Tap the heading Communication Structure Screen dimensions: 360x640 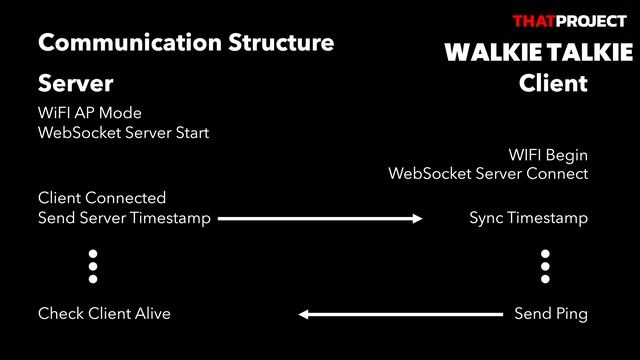pos(185,43)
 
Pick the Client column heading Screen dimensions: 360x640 pos(553,83)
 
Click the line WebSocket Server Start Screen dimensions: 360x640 pos(123,132)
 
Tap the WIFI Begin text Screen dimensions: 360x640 pos(548,155)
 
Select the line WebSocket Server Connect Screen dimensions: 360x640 pos(488,174)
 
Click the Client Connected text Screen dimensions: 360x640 pos(102,198)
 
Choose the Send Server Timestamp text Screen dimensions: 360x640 pos(124,218)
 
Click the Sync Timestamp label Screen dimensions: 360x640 pos(528,218)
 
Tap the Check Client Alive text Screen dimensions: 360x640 pos(104,314)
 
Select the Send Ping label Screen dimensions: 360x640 pos(551,314)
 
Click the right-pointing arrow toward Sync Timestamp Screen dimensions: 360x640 pos(321,218)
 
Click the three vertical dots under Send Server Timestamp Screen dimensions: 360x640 pos(93,267)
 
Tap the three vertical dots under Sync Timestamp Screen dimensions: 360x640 pos(546,267)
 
